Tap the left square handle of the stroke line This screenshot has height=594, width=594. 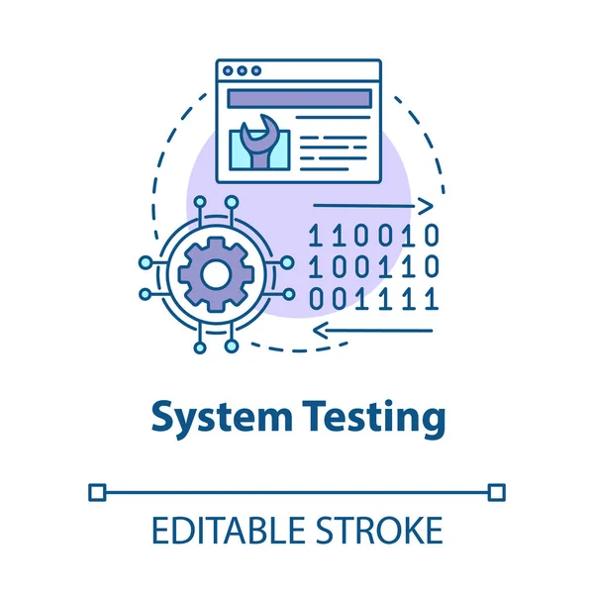tap(96, 492)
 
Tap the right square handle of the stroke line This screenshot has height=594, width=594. tap(497, 492)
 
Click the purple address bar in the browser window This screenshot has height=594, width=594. tap(299, 98)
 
